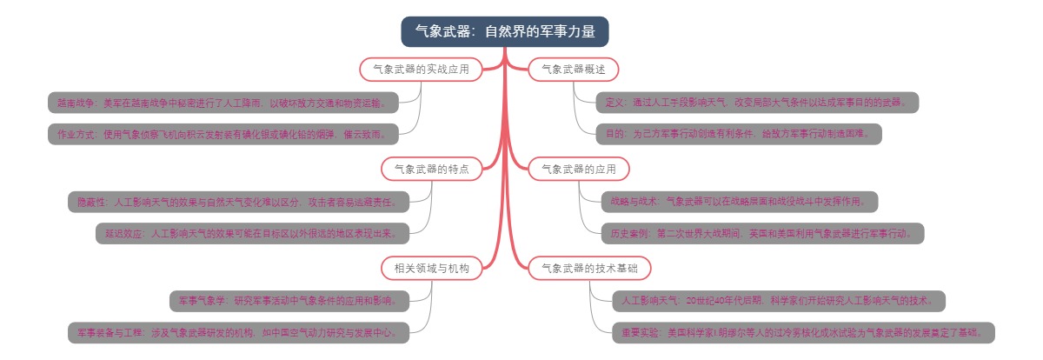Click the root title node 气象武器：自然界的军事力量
pyautogui.click(x=504, y=31)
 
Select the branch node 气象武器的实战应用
pyautogui.click(x=421, y=69)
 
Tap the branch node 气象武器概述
pyautogui.click(x=573, y=69)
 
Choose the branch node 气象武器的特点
pyautogui.click(x=431, y=169)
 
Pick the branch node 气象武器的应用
pyautogui.click(x=578, y=169)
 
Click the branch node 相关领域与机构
pyautogui.click(x=431, y=269)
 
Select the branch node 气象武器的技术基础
pyautogui.click(x=589, y=269)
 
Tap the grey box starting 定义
pyautogui.click(x=757, y=103)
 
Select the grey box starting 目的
pyautogui.click(x=739, y=134)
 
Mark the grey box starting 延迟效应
pyautogui.click(x=251, y=233)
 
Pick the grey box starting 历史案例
pyautogui.click(x=761, y=233)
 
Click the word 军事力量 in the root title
pyautogui.click(x=568, y=31)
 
